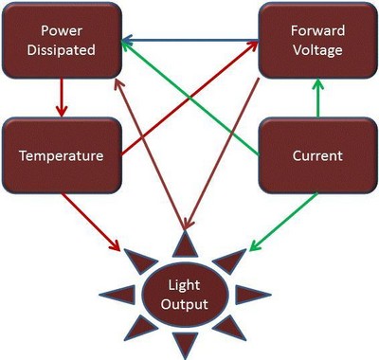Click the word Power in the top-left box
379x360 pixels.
click(x=62, y=31)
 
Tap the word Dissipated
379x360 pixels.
click(x=62, y=51)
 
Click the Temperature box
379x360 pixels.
click(x=62, y=153)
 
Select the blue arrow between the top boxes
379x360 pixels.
click(x=189, y=41)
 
